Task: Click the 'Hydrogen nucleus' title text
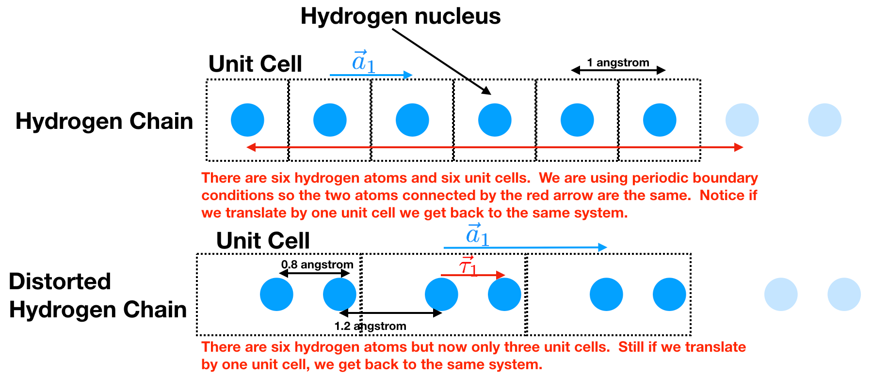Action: click(400, 16)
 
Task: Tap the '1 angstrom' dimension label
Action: click(617, 62)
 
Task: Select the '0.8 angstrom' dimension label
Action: click(317, 265)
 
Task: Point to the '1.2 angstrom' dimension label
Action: click(370, 326)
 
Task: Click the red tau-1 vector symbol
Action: click(468, 266)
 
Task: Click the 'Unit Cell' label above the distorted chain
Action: click(262, 240)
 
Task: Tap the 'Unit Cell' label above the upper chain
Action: click(255, 64)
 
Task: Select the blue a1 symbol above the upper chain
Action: click(363, 62)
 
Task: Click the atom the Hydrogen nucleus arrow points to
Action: click(495, 120)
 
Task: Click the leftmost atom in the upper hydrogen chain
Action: click(247, 120)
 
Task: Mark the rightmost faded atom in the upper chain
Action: click(824, 120)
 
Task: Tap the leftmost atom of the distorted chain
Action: click(276, 294)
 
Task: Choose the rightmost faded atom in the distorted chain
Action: click(844, 294)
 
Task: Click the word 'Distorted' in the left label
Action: click(60, 281)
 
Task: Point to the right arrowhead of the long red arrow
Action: click(739, 147)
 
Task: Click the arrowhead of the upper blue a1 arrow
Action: click(408, 75)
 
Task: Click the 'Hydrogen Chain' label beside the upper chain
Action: click(104, 121)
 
